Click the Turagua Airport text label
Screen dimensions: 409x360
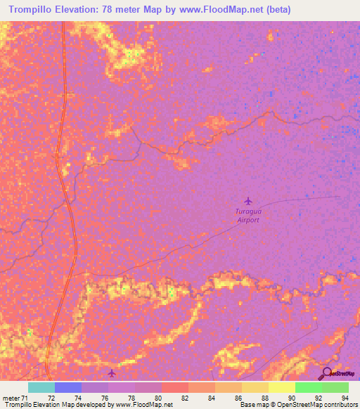[247, 215]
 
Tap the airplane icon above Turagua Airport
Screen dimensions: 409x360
[247, 201]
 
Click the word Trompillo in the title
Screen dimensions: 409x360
[32, 10]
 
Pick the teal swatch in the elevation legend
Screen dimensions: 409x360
[41, 387]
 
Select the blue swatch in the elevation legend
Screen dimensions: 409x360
[67, 387]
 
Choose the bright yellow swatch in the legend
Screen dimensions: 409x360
[281, 387]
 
